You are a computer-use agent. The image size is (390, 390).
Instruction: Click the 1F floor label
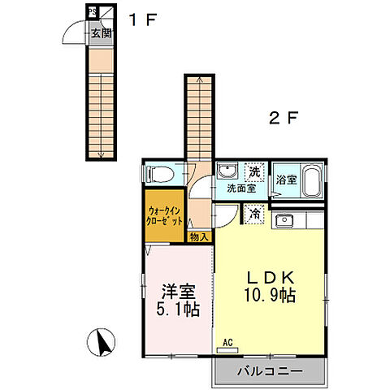coord(142,19)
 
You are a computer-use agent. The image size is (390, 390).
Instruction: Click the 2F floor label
coord(284,118)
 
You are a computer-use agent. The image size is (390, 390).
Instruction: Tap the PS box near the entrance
coord(93,12)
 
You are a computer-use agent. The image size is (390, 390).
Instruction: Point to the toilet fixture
coord(159,174)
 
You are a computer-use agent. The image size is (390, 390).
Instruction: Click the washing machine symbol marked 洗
coord(254,172)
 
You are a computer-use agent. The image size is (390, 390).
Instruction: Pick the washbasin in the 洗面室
coord(227,171)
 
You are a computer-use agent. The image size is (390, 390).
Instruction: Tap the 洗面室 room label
coord(241,188)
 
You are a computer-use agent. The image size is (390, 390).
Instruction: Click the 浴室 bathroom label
coord(286,180)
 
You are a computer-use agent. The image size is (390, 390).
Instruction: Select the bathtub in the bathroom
coord(312,180)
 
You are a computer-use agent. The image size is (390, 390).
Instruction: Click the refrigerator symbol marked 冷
coord(254,214)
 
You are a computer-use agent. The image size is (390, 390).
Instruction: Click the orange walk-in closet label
coord(164,216)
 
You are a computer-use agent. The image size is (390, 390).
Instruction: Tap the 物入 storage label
coord(199,237)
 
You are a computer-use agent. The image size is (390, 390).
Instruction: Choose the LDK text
coord(270,277)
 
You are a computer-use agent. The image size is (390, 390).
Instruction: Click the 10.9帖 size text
coord(270,295)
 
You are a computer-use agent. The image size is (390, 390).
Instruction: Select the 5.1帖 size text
coord(178,309)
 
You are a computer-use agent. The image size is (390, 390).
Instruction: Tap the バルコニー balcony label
coord(270,371)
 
